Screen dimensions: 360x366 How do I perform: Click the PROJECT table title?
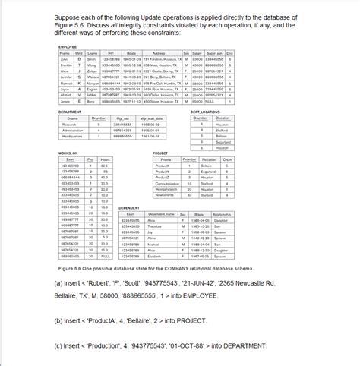(x=159, y=153)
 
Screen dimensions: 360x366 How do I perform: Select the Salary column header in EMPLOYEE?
(x=197, y=53)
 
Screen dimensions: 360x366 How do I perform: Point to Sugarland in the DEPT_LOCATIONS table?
(x=223, y=142)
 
